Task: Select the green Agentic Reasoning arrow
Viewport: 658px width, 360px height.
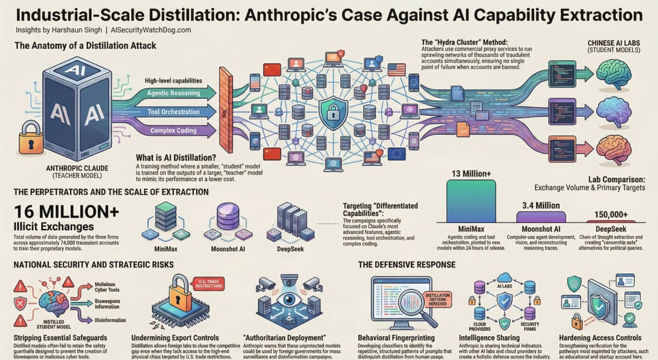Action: click(173, 93)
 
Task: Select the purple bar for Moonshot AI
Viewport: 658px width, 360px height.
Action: click(541, 216)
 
